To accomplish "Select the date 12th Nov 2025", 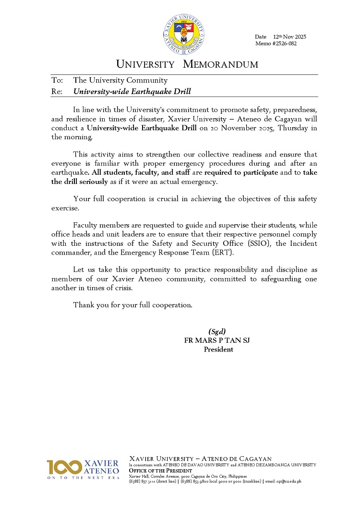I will pyautogui.click(x=289, y=37).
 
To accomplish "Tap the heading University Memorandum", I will pyautogui.click(x=187, y=64).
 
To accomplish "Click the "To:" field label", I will pyautogui.click(x=57, y=80).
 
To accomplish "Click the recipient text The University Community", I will pyautogui.click(x=120, y=80).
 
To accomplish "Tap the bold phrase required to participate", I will pyautogui.click(x=241, y=172).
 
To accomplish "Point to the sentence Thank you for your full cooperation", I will pyautogui.click(x=133, y=305).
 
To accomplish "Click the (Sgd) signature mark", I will pyautogui.click(x=217, y=331).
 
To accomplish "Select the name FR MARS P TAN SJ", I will pyautogui.click(x=217, y=340).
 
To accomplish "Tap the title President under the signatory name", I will pyautogui.click(x=218, y=350).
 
